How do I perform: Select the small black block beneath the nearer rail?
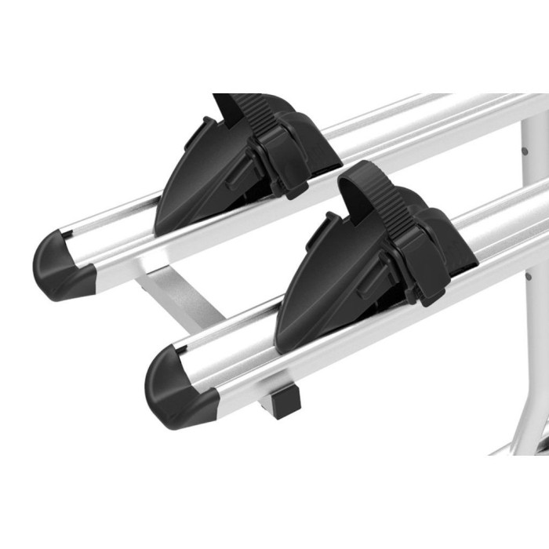pos(284,401)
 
